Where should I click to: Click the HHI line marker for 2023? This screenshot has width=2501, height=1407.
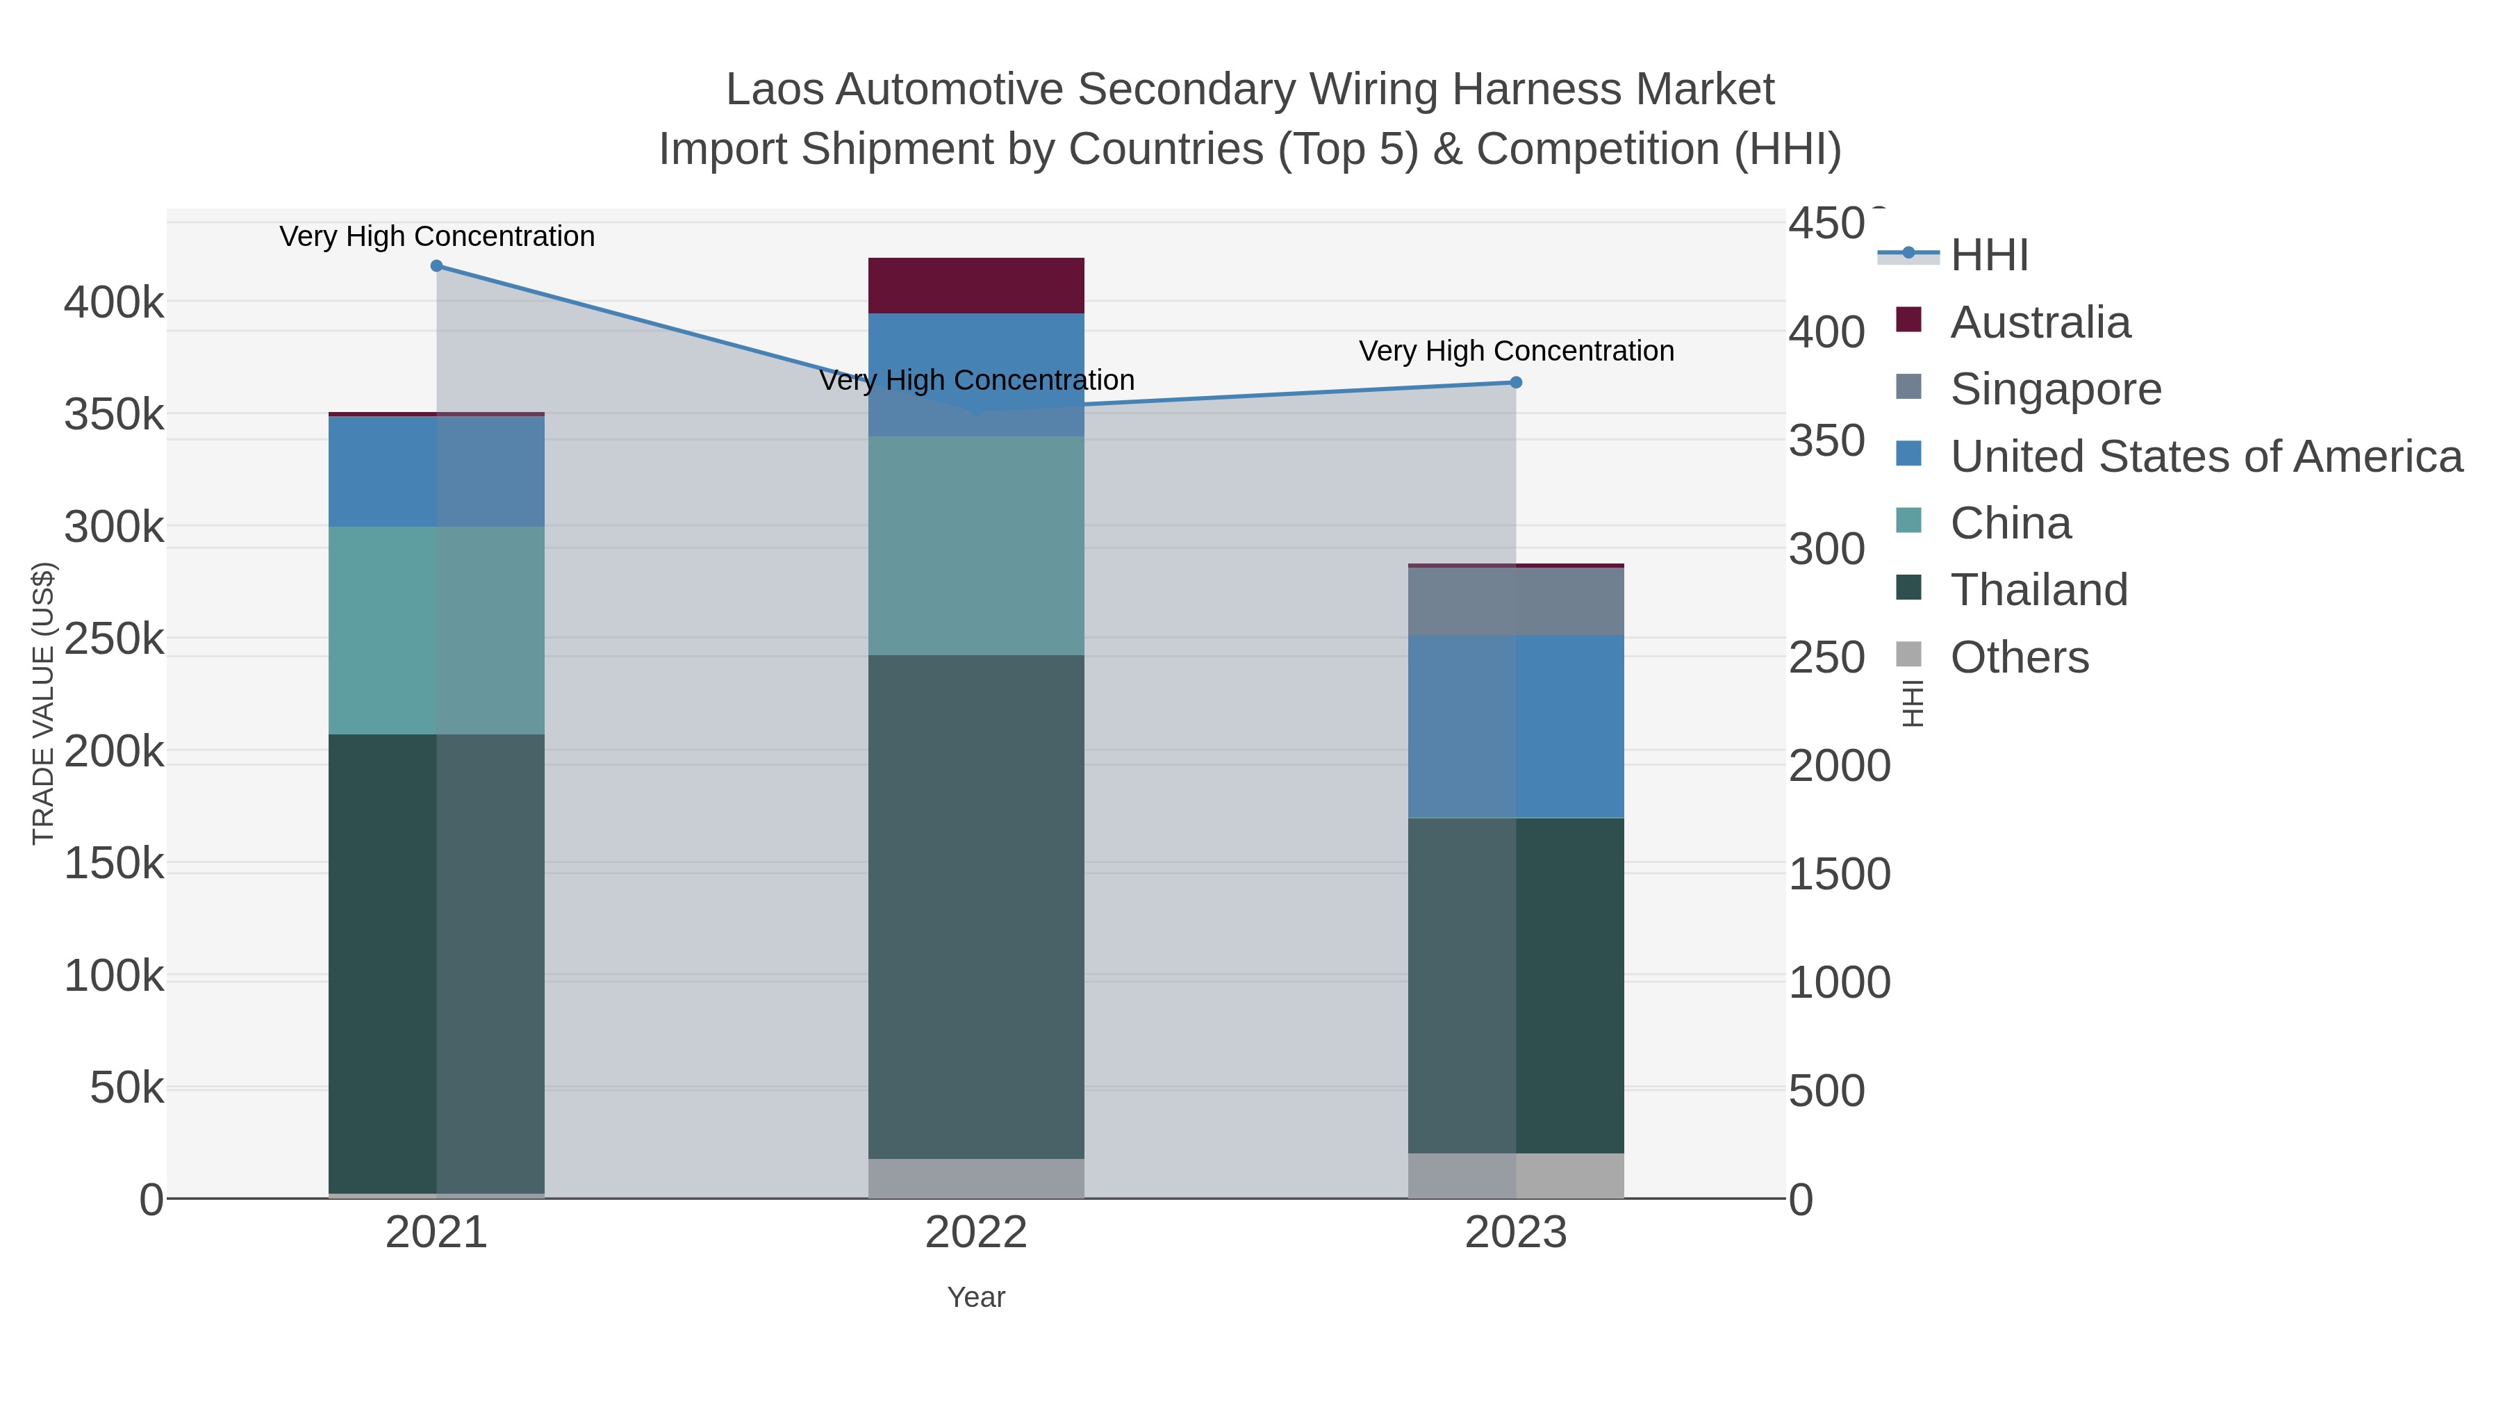(x=1516, y=383)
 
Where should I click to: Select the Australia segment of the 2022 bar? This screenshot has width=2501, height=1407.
(x=976, y=286)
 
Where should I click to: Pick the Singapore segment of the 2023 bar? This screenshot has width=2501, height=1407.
(x=1516, y=602)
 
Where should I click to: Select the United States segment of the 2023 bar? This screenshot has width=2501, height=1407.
(x=1516, y=726)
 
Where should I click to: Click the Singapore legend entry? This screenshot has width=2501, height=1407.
(x=2056, y=389)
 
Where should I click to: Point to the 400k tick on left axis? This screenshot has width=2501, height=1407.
(x=114, y=303)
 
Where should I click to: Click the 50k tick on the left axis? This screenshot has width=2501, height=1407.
(x=126, y=1089)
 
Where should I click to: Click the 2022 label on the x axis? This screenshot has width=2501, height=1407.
(x=976, y=1233)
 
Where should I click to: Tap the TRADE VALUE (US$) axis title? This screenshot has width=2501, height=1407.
(x=44, y=703)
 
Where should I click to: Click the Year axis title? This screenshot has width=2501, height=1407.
(x=976, y=1297)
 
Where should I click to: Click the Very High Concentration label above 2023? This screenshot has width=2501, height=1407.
(x=1516, y=351)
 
